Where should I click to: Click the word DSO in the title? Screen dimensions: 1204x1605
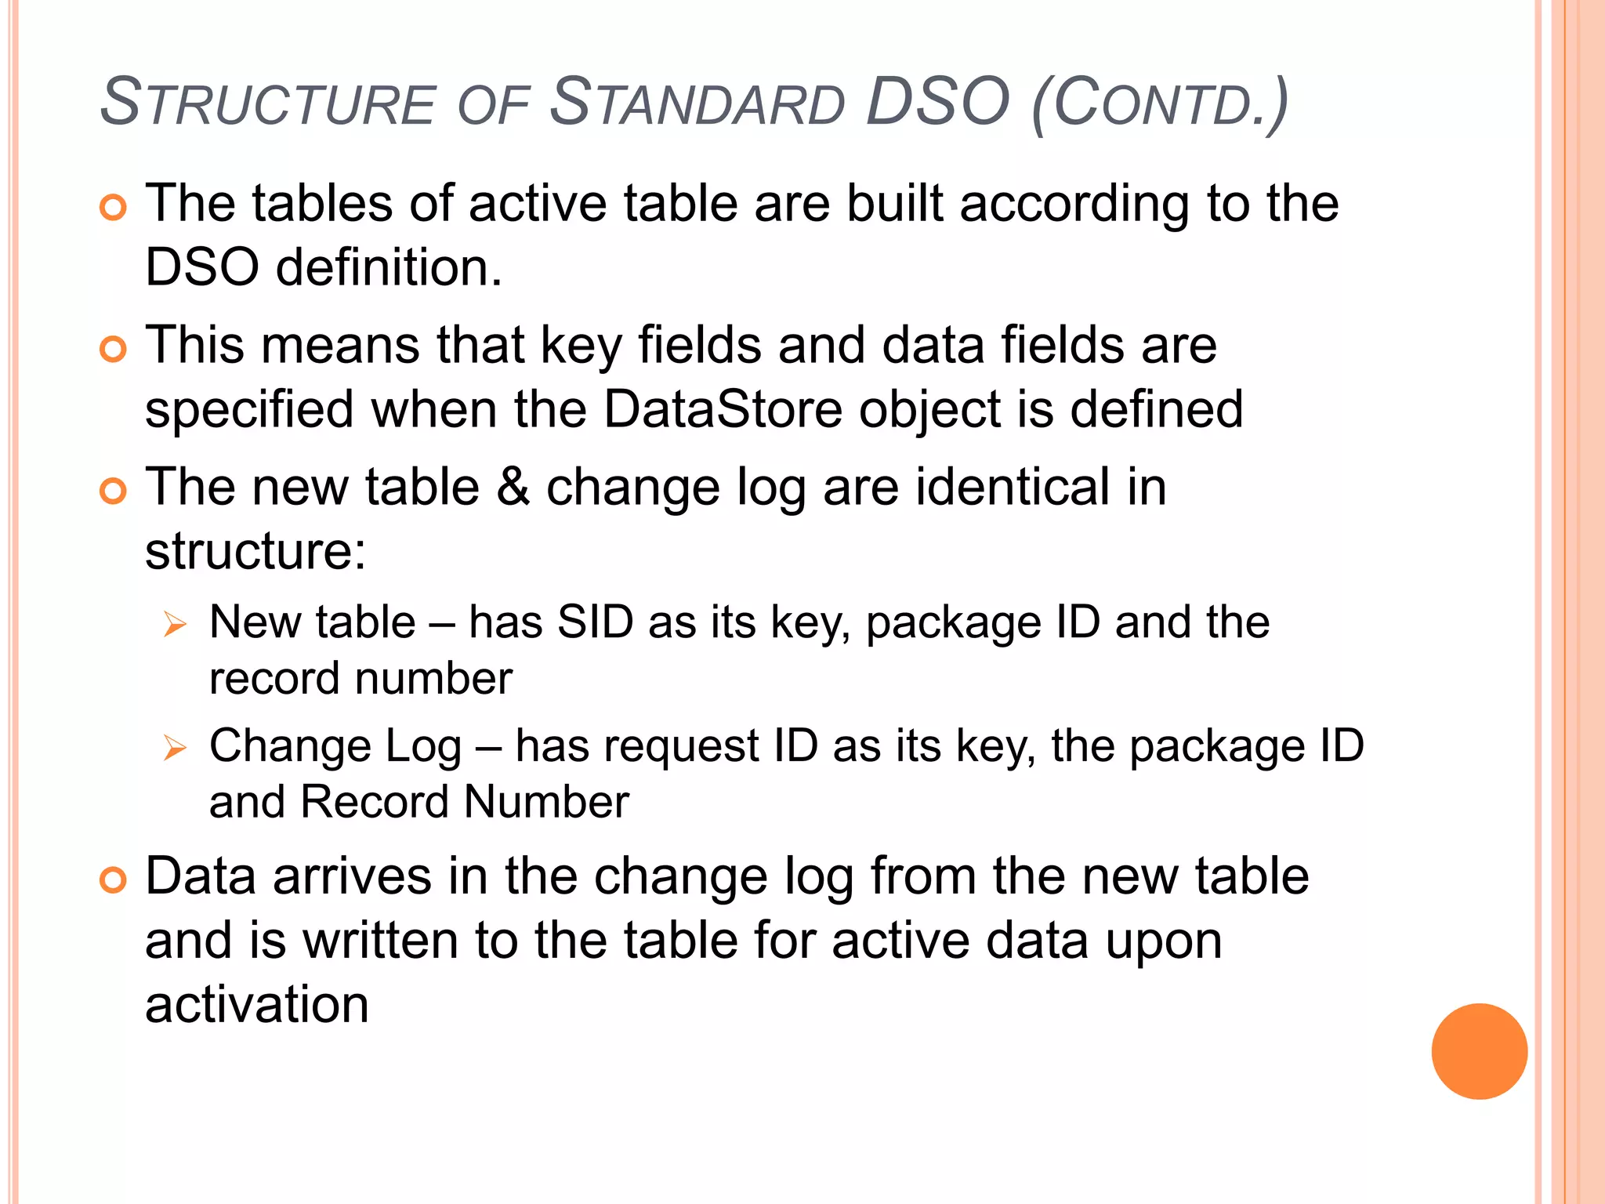[937, 102]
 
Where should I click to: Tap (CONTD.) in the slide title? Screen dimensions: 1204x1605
[1160, 103]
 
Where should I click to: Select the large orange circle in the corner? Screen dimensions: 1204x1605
[1479, 1051]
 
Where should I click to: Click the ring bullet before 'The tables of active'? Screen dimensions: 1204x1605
[114, 208]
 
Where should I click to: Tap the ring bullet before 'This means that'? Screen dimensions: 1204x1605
[114, 350]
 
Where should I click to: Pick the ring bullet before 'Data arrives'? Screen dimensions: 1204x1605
[114, 880]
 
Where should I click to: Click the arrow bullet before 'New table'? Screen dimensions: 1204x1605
[175, 626]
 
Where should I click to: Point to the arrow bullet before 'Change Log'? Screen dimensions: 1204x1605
[175, 749]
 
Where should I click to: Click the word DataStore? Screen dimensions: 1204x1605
[722, 409]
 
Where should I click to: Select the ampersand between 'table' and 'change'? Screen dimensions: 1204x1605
[513, 488]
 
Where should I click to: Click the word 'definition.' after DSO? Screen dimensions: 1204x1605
[389, 268]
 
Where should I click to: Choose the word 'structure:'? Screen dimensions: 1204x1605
[255, 551]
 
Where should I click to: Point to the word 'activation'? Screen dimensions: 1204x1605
[257, 1005]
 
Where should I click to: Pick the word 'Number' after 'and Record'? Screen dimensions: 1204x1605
[546, 802]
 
